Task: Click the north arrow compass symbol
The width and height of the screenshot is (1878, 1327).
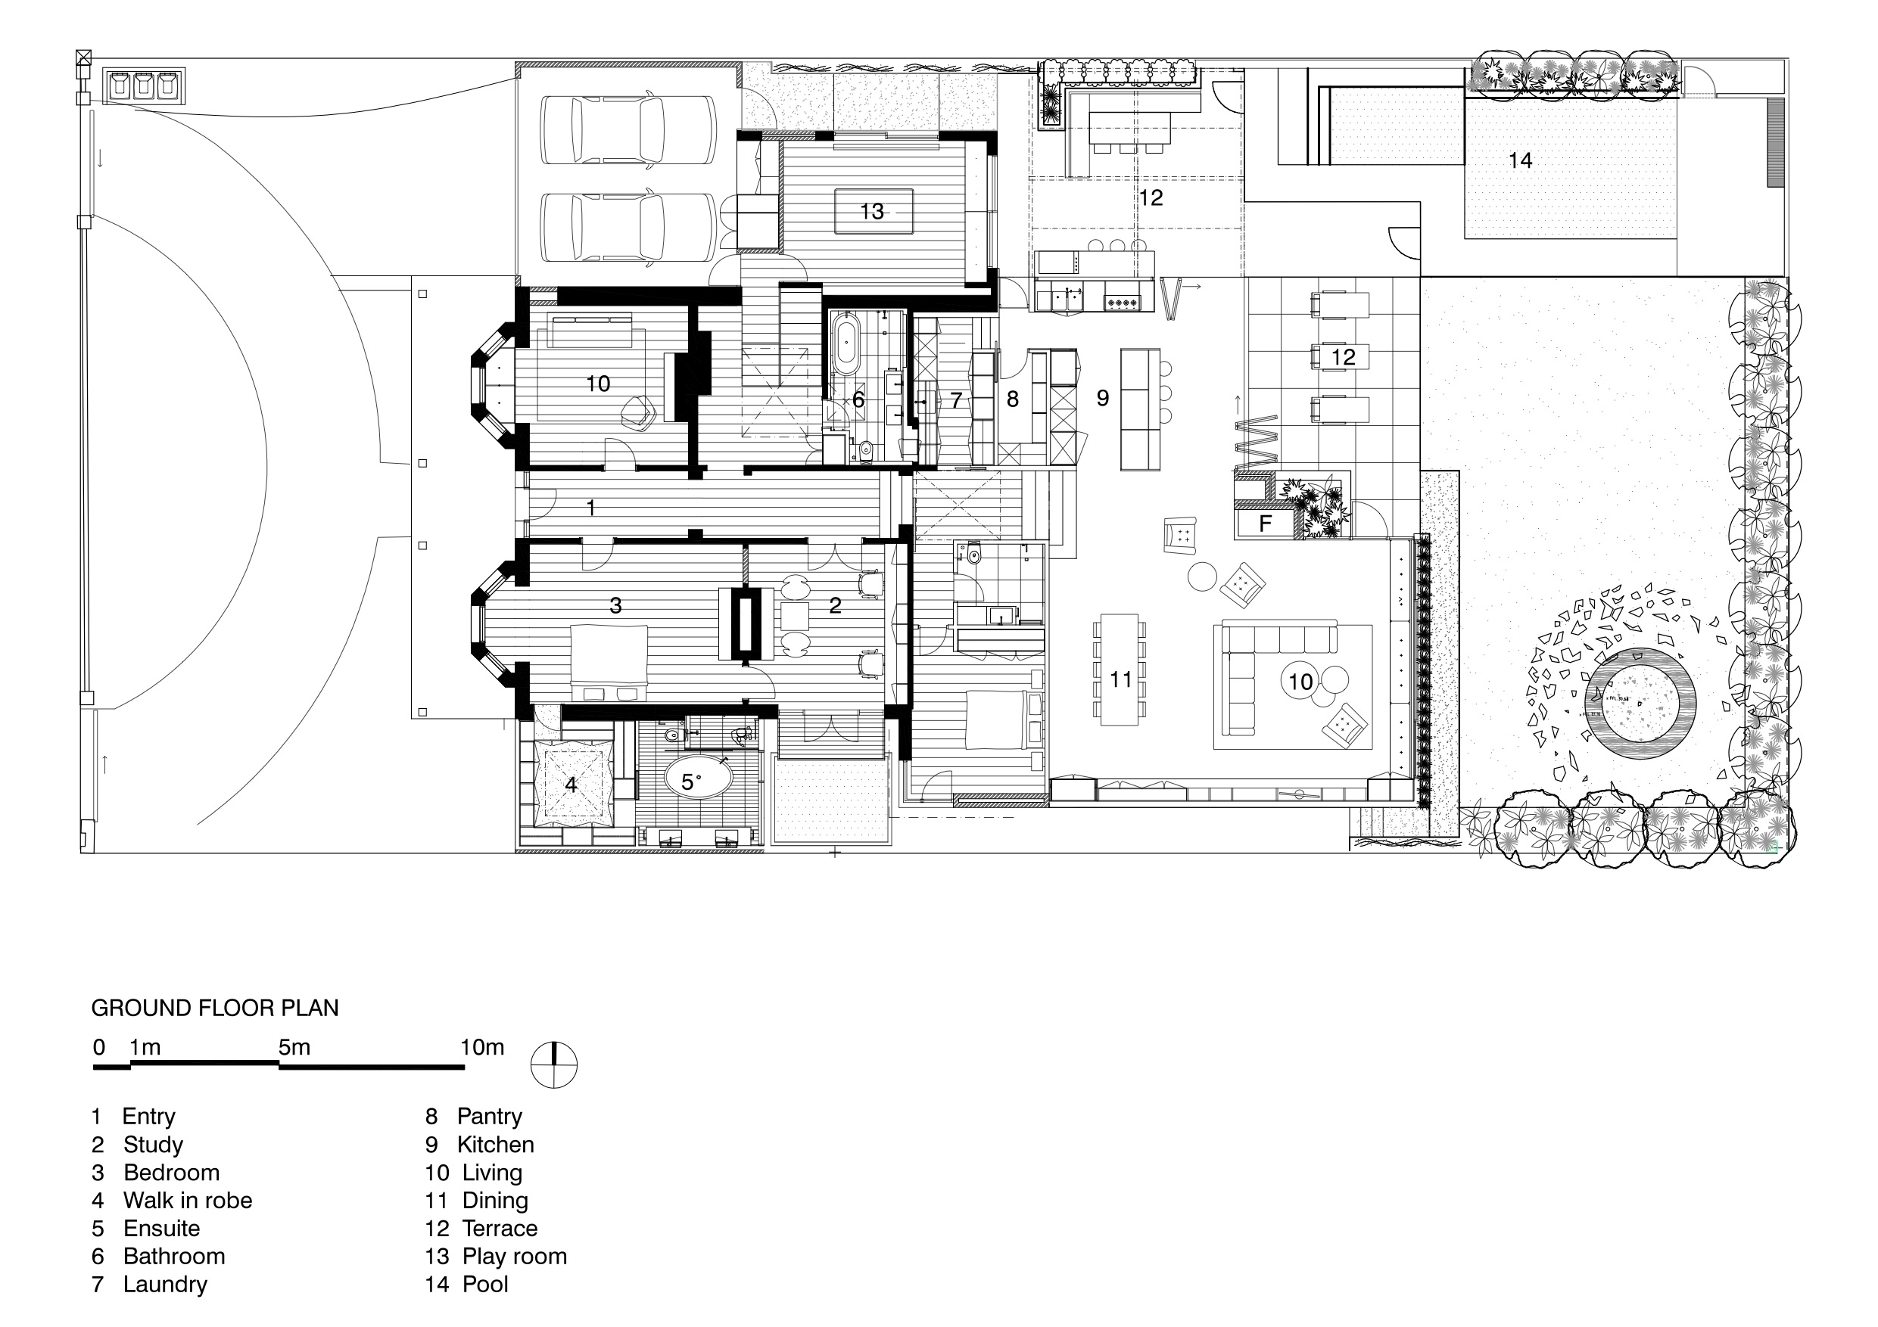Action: click(554, 1065)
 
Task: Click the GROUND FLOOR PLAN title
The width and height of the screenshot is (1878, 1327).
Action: click(215, 1008)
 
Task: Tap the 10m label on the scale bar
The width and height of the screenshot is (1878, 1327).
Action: click(483, 1047)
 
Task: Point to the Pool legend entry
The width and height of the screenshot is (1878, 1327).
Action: click(466, 1284)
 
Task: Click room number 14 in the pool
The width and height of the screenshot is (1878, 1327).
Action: click(1521, 160)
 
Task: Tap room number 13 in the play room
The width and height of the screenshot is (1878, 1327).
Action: click(872, 212)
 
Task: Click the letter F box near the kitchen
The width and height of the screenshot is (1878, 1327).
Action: click(1265, 524)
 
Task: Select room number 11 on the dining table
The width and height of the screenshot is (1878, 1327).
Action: click(1120, 679)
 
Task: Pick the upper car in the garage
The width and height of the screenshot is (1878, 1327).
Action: click(628, 132)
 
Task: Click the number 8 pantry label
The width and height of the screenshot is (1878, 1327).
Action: click(1013, 399)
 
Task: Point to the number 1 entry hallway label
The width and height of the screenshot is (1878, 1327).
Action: click(591, 508)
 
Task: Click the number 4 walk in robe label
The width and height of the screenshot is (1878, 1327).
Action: click(571, 785)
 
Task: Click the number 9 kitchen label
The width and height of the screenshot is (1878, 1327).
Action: click(1103, 398)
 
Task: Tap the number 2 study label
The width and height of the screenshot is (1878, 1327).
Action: click(835, 605)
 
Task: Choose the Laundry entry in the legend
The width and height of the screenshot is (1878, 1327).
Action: click(150, 1284)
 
